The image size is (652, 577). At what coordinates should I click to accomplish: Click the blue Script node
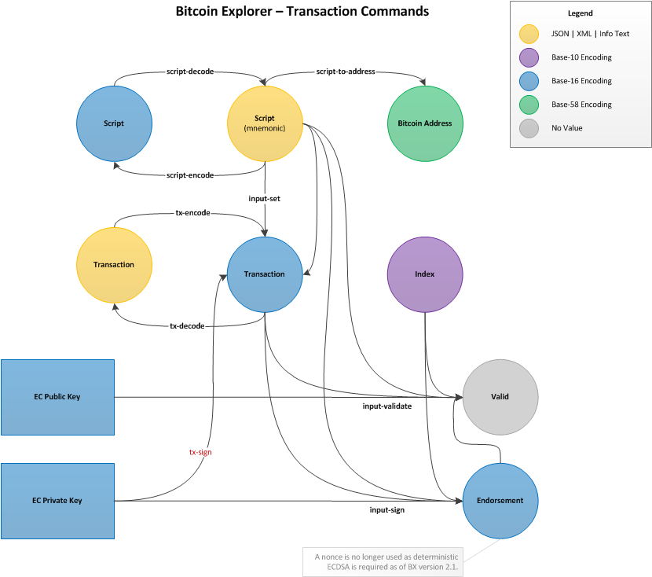(x=114, y=123)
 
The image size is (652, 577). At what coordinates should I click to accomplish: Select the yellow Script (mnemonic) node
(x=265, y=123)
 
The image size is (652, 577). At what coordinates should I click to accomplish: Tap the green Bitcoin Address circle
(x=425, y=123)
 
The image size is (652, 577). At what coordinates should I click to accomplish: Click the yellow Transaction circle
(x=114, y=265)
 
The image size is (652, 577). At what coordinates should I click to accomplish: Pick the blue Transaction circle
(x=265, y=274)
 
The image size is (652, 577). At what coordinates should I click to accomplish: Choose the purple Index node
(x=425, y=274)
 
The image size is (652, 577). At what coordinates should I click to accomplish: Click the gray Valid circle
(x=500, y=396)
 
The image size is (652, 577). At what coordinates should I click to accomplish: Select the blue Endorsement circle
(x=500, y=500)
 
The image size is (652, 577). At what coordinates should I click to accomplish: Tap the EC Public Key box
(x=57, y=397)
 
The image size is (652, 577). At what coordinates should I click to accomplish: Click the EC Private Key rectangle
(x=57, y=501)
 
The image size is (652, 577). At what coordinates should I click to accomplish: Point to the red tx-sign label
(x=200, y=452)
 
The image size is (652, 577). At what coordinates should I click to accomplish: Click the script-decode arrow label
(x=191, y=72)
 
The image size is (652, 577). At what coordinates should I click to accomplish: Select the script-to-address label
(x=346, y=72)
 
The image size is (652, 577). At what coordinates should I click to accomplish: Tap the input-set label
(x=265, y=199)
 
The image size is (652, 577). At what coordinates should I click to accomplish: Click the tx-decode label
(x=188, y=325)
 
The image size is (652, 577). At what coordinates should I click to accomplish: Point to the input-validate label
(x=386, y=406)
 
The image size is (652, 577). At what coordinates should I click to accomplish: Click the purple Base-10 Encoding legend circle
(x=529, y=57)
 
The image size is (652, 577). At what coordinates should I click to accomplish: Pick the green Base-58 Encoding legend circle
(x=529, y=105)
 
